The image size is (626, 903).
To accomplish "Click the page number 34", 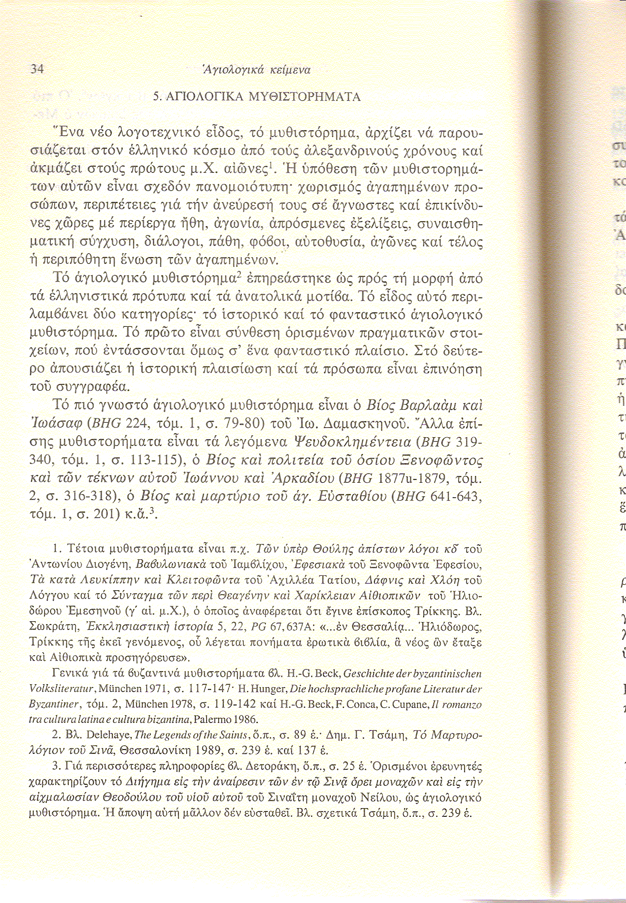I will click(x=37, y=69).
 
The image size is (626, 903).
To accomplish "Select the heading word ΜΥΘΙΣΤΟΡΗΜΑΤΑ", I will click(x=304, y=97).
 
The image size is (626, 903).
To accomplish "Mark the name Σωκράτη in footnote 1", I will click(x=51, y=628).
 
